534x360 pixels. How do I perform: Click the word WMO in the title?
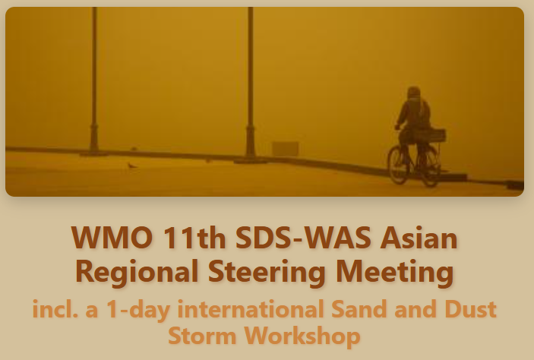(x=112, y=238)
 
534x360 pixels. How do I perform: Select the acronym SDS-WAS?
(x=303, y=238)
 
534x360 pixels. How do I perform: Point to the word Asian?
(x=419, y=238)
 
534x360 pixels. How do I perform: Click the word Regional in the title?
(x=137, y=271)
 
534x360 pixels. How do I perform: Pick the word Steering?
(x=267, y=271)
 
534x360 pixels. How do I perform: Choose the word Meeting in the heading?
(x=395, y=271)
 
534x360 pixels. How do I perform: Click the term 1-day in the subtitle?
(x=138, y=310)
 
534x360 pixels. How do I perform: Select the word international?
(x=251, y=309)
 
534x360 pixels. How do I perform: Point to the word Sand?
(x=359, y=309)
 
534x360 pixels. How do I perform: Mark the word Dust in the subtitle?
(x=471, y=309)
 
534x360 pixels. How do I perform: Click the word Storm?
(x=202, y=336)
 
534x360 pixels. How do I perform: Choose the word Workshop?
(x=303, y=336)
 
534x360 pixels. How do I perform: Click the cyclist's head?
(x=413, y=93)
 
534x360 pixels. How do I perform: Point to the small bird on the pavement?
(x=131, y=166)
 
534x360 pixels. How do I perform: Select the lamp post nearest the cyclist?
(x=251, y=85)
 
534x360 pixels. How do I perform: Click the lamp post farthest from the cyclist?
(x=94, y=82)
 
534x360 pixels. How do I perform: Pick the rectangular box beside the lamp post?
(x=286, y=149)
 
